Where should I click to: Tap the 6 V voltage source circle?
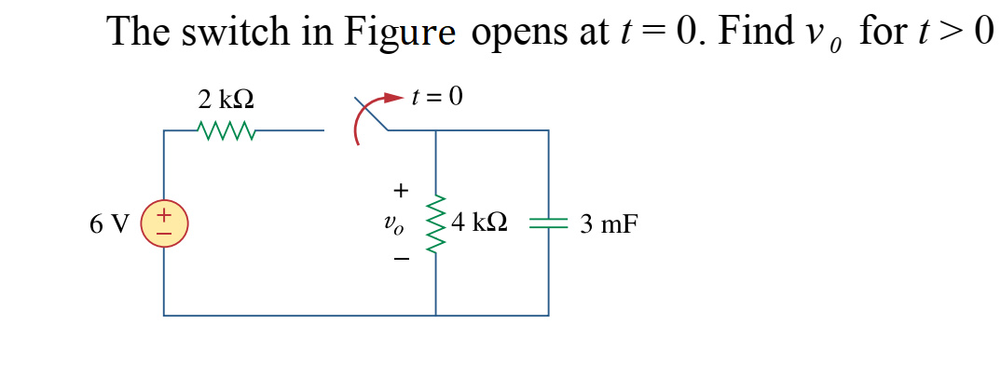click(164, 224)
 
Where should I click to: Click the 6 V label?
click(110, 224)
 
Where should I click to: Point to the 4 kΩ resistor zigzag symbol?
click(436, 223)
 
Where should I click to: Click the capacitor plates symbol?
click(548, 223)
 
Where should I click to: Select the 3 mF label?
click(609, 224)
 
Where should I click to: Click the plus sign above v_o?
click(400, 191)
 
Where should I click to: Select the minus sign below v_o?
click(400, 260)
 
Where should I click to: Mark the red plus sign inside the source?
click(163, 216)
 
